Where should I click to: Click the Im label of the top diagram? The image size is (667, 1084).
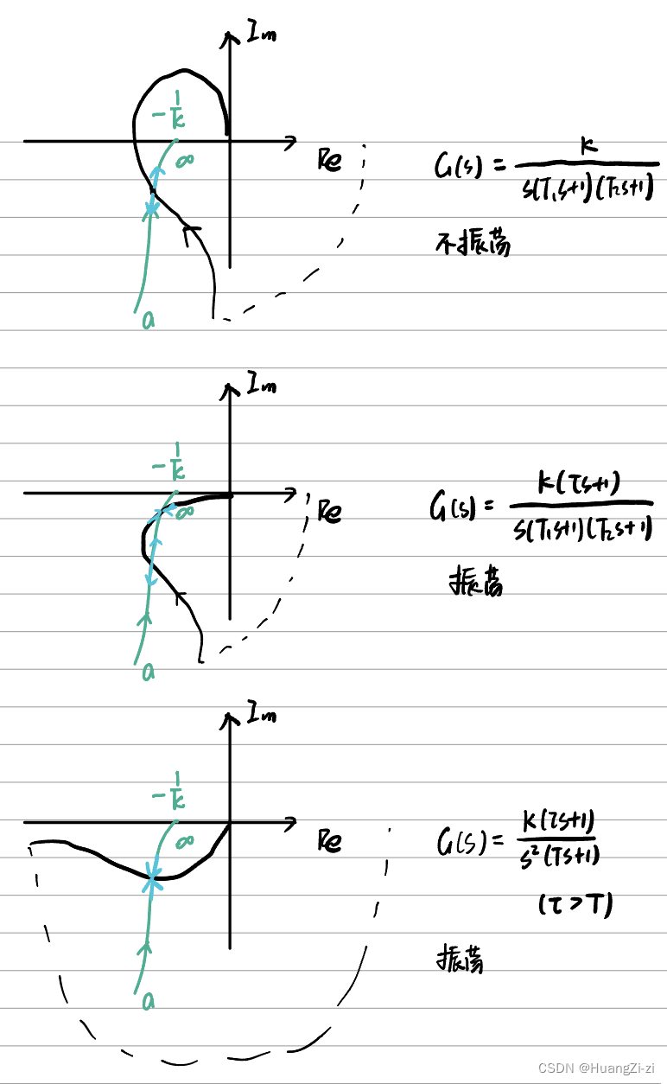click(261, 35)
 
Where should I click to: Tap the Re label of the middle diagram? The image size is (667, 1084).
click(329, 512)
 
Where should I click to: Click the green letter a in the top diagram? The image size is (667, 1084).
click(149, 321)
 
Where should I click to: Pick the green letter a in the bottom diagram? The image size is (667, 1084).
click(149, 1001)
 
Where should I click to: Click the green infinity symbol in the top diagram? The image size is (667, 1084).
click(183, 162)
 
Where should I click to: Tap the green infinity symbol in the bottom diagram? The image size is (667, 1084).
click(183, 841)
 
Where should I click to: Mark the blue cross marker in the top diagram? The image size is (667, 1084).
click(152, 209)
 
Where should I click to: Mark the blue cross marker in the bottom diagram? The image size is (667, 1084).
click(153, 878)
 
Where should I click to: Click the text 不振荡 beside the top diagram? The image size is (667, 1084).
click(473, 243)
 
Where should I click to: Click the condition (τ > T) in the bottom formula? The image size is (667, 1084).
click(575, 904)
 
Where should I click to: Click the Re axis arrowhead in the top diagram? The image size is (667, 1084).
click(291, 141)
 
